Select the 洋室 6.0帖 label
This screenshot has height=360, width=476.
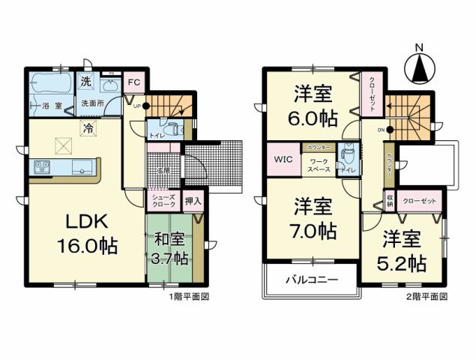pyautogui.click(x=314, y=107)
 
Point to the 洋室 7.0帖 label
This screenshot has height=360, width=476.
pyautogui.click(x=314, y=217)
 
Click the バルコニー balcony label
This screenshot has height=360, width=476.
pyautogui.click(x=310, y=283)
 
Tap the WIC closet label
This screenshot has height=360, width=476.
pyautogui.click(x=283, y=160)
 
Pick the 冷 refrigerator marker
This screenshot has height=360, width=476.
pyautogui.click(x=88, y=129)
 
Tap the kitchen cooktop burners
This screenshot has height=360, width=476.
pyautogui.click(x=40, y=166)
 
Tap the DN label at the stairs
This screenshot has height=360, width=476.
pyautogui.click(x=381, y=130)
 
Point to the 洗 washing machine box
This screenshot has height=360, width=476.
pyautogui.click(x=87, y=81)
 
